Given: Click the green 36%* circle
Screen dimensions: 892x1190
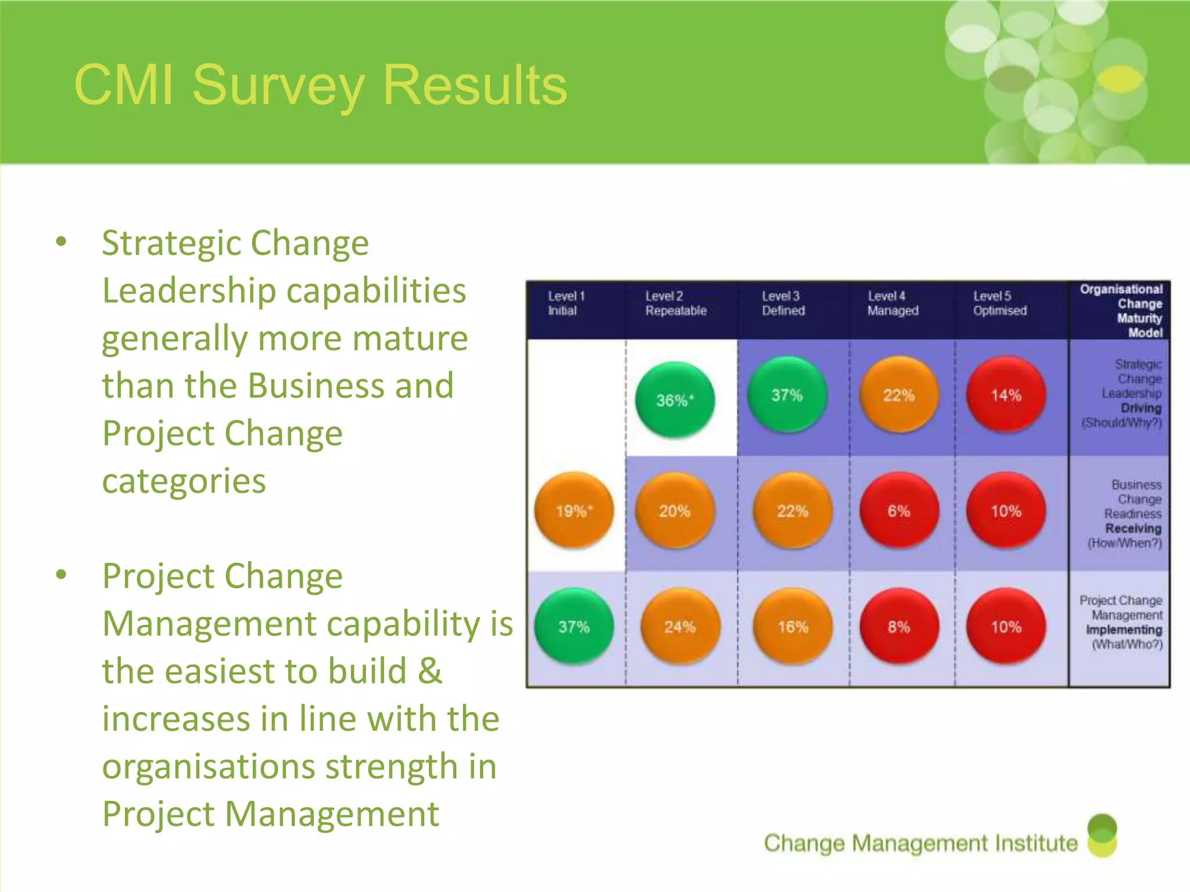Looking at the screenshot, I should (x=675, y=400).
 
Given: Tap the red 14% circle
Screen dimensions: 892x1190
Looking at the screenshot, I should (x=1006, y=395).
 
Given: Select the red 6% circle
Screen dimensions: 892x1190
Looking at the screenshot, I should (x=899, y=510).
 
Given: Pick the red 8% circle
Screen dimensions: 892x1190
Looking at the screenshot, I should (x=899, y=626).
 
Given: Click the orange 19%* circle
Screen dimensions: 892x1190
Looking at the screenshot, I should (x=574, y=510).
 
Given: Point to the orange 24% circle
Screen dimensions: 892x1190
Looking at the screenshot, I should (x=680, y=626).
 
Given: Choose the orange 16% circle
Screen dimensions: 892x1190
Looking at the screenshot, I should (x=793, y=626).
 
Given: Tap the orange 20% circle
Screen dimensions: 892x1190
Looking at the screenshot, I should (x=675, y=510).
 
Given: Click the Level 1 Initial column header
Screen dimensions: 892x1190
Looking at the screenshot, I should (x=566, y=303).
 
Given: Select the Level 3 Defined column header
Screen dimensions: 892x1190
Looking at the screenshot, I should (x=783, y=303).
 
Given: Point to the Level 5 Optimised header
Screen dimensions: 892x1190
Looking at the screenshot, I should (x=1000, y=303).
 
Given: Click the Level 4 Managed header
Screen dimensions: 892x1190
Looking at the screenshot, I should (x=893, y=303).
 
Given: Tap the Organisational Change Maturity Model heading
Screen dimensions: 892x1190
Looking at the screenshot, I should (x=1121, y=311).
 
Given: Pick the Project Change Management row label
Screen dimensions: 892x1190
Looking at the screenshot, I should (x=1124, y=622).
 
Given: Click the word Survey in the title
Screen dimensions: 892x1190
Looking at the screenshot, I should (x=278, y=85).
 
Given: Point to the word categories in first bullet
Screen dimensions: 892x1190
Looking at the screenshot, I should (x=184, y=481).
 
